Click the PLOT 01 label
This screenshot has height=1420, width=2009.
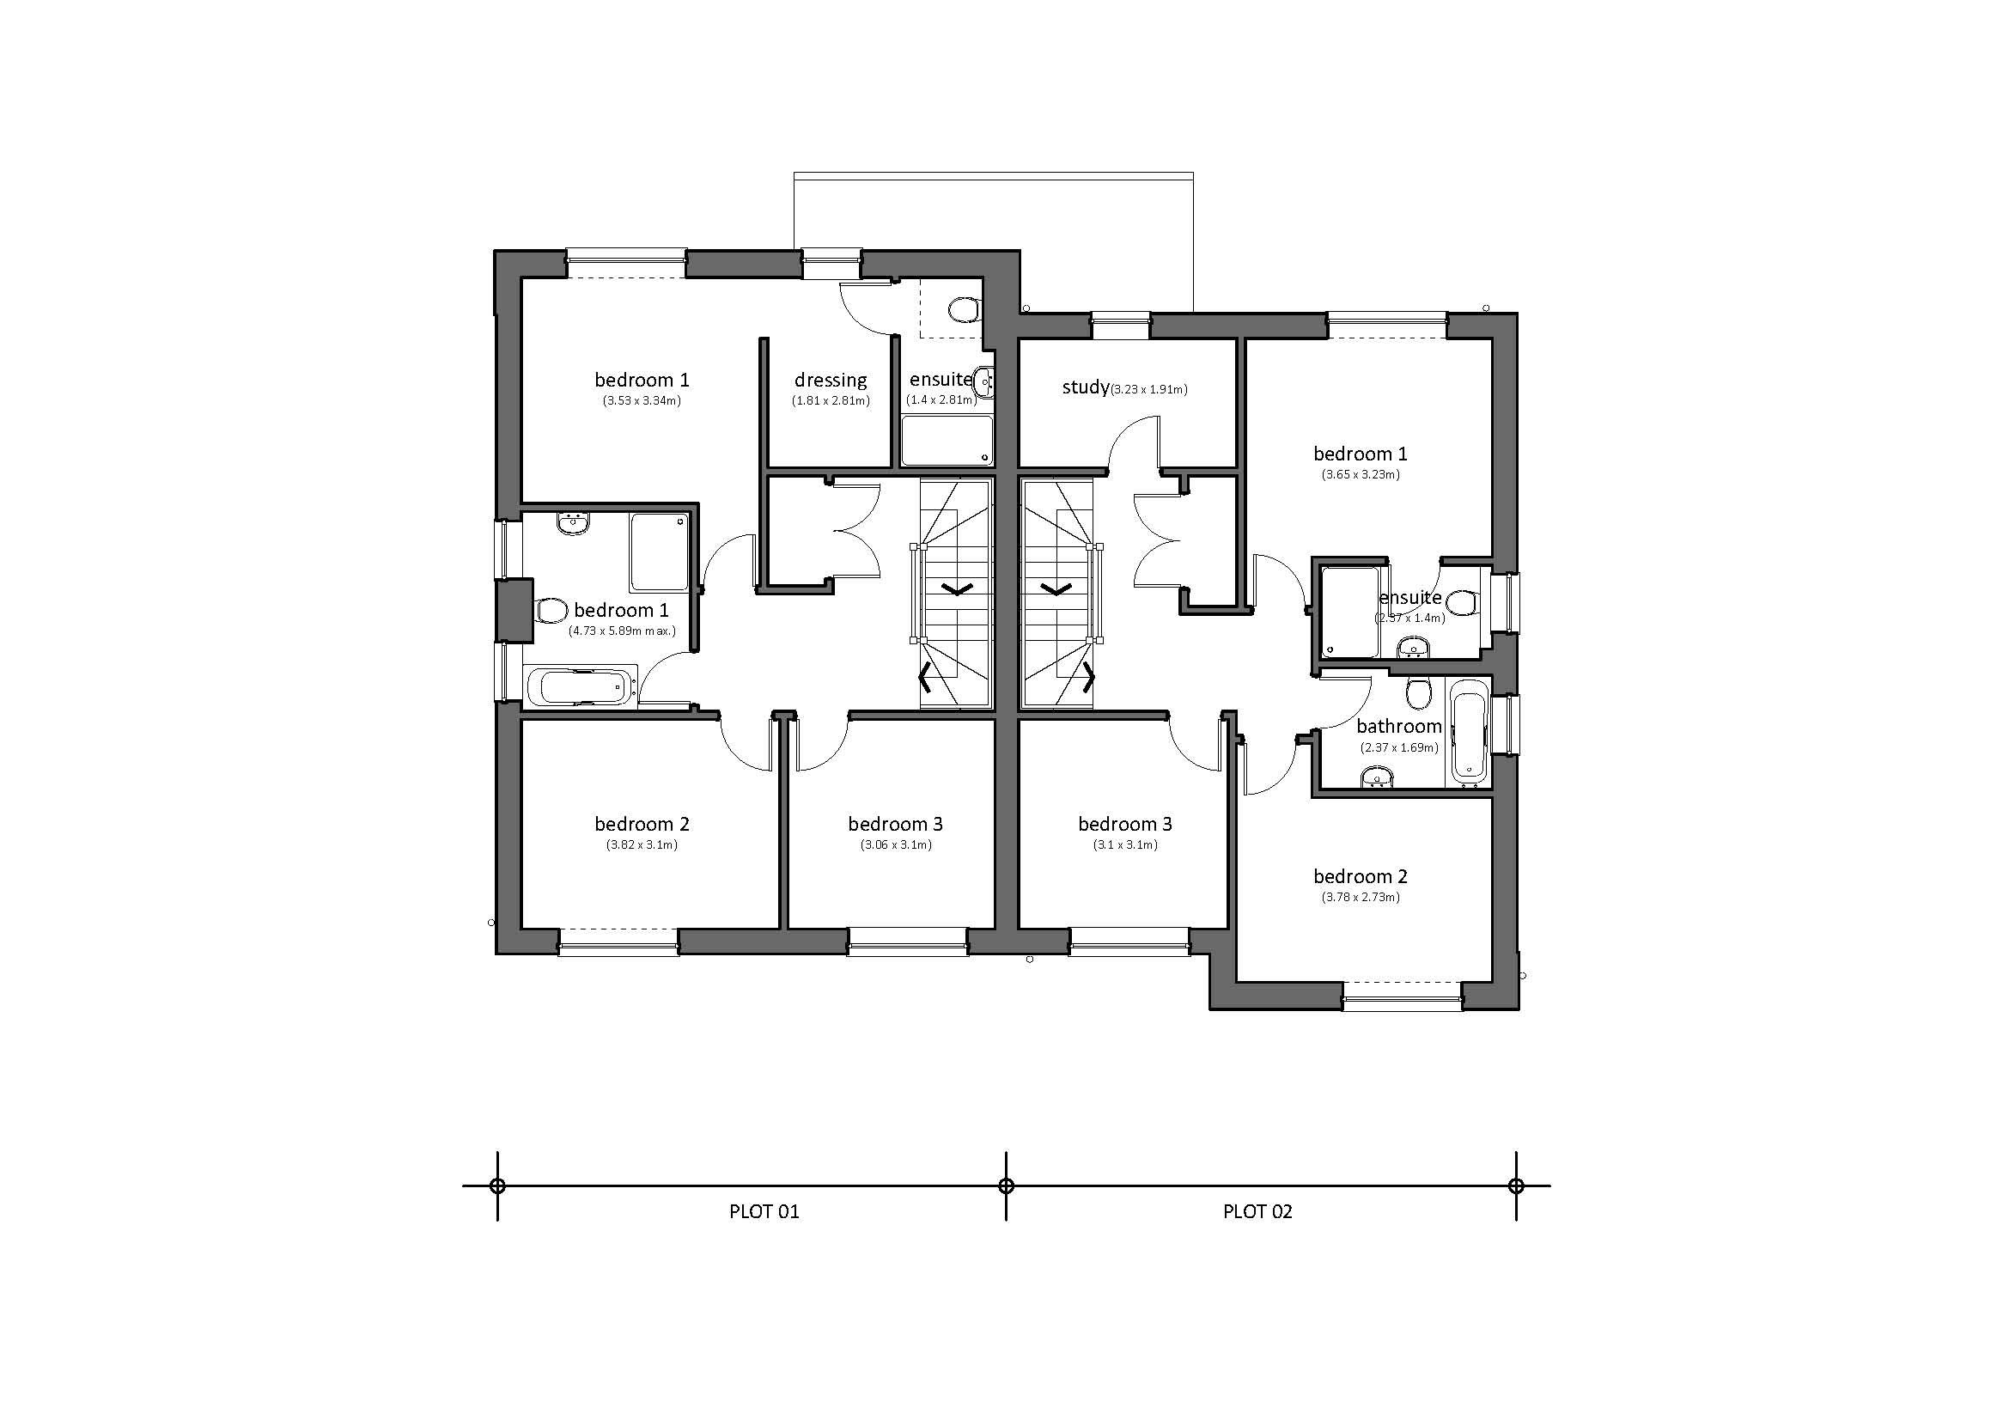click(x=764, y=1211)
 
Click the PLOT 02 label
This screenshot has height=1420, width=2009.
click(x=1257, y=1211)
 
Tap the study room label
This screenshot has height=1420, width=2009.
click(x=1085, y=387)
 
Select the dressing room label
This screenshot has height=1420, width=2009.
click(x=831, y=380)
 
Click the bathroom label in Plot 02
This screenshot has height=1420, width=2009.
click(x=1398, y=726)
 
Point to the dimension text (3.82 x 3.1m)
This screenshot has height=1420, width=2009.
click(x=642, y=845)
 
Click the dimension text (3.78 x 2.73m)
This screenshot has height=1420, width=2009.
click(x=1360, y=897)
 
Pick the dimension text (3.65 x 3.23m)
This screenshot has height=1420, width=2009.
click(x=1360, y=475)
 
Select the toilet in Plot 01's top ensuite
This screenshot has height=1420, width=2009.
click(x=963, y=310)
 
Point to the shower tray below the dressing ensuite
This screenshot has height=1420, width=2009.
click(x=947, y=440)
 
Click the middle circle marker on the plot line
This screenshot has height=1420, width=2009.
click(x=1006, y=1186)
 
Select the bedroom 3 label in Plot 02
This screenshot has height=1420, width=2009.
click(x=1124, y=824)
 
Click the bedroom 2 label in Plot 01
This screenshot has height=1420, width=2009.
click(x=642, y=824)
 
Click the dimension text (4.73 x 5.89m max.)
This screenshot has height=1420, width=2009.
click(x=621, y=631)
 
